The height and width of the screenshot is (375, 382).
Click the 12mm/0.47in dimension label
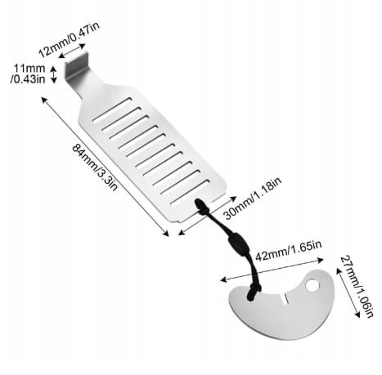pos(69,39)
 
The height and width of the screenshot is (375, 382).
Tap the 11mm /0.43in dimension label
pos(28,74)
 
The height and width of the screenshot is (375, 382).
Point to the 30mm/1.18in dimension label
pos(252,198)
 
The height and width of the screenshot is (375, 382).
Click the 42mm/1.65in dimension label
pos(289,250)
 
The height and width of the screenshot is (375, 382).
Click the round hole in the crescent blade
pos(312,285)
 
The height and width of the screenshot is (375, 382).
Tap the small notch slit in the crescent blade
pos(285,298)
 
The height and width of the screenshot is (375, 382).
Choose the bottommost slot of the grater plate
pos(191,192)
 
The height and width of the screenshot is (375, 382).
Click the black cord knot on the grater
pos(201,207)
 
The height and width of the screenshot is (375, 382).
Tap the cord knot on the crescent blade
pos(254,292)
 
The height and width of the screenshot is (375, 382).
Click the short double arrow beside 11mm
pos(54,74)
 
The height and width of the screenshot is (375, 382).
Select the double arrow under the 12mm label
pos(72,51)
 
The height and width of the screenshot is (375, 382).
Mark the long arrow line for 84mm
pos(106,167)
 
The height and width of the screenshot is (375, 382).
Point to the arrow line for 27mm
pos(348,292)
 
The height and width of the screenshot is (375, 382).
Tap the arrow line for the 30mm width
pos(207,215)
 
